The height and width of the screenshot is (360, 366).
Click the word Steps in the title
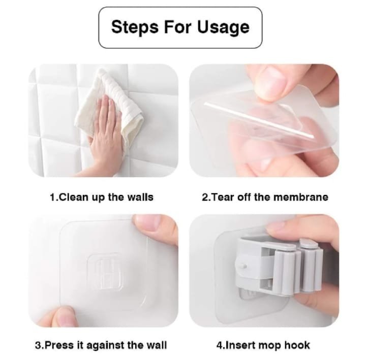[x=135, y=27]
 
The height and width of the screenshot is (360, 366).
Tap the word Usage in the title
[x=223, y=27]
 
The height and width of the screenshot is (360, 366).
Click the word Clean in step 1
[x=72, y=197]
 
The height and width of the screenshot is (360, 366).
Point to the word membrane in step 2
[x=301, y=197]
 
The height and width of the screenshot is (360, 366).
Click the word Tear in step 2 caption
[x=223, y=197]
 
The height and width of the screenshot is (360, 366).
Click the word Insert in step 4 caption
[x=237, y=345]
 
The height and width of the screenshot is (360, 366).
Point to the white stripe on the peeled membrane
[x=259, y=120]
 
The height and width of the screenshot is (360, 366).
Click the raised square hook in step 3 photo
[x=105, y=271]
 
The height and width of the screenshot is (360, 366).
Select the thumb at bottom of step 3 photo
[x=57, y=317]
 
